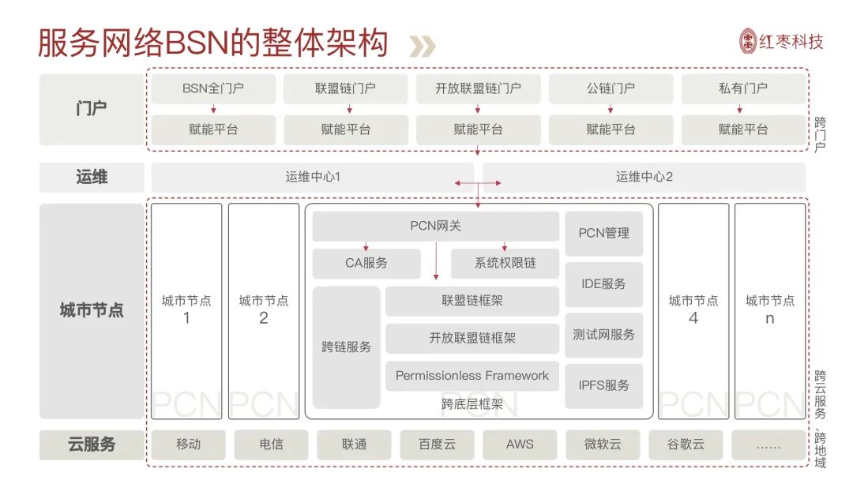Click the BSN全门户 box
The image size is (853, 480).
[213, 88]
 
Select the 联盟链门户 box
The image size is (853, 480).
[345, 88]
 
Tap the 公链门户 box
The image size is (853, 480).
[611, 88]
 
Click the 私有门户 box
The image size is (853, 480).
[743, 88]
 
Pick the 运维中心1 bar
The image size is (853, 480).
[312, 177]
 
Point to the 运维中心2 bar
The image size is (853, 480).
[644, 177]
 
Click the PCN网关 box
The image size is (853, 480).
[436, 226]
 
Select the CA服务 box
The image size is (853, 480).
[366, 263]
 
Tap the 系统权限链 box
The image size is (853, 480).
[505, 263]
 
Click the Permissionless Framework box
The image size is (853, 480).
[472, 376]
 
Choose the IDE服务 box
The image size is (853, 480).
[604, 284]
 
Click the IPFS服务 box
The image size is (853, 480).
[604, 386]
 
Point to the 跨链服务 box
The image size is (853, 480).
[346, 347]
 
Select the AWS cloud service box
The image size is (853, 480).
[520, 444]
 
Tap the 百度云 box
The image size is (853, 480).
[437, 444]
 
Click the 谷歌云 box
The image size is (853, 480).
[686, 444]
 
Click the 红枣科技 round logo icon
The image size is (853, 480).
[748, 41]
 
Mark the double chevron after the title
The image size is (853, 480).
[422, 47]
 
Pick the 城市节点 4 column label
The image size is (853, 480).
[693, 309]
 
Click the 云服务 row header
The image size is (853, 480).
[92, 444]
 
